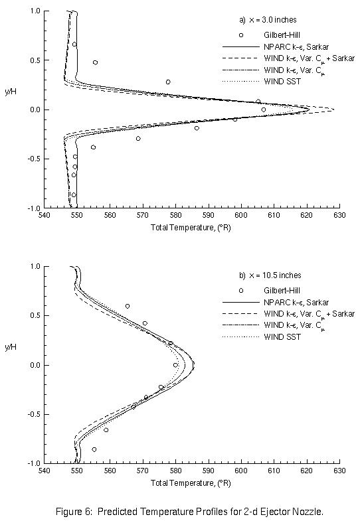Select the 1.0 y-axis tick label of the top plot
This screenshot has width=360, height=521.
(34, 11)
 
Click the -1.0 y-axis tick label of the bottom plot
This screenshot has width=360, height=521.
(33, 463)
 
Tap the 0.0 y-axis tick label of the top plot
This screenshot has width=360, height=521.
(34, 110)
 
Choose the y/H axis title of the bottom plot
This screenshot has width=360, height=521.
(11, 348)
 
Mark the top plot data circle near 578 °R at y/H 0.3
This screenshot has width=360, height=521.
(168, 82)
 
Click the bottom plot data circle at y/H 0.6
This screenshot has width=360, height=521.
(128, 306)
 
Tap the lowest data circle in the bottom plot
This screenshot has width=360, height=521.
(94, 449)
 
